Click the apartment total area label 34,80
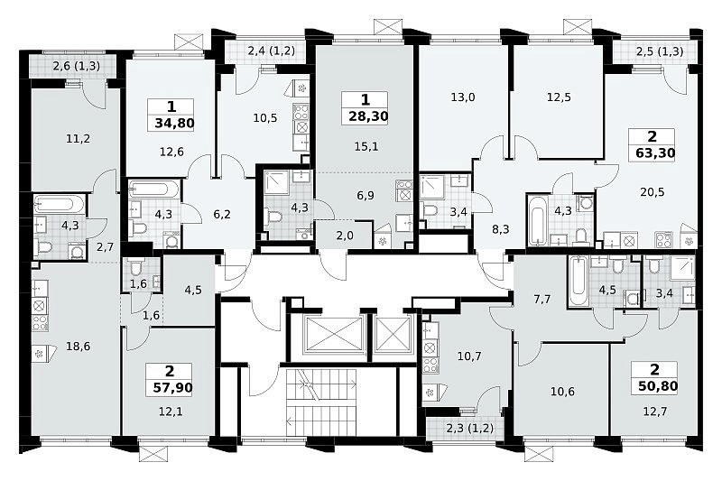[174, 124]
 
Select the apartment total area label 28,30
[368, 116]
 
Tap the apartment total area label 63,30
[655, 153]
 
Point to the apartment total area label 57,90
[172, 387]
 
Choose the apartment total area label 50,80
[658, 385]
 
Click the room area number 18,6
[78, 347]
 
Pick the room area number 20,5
[652, 191]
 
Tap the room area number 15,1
[366, 146]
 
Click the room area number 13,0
[463, 97]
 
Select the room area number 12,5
[559, 97]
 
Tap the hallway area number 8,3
[501, 228]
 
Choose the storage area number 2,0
[345, 236]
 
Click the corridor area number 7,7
[542, 300]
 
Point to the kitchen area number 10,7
[469, 356]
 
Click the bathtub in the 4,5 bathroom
[577, 282]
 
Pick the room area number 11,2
[78, 138]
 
